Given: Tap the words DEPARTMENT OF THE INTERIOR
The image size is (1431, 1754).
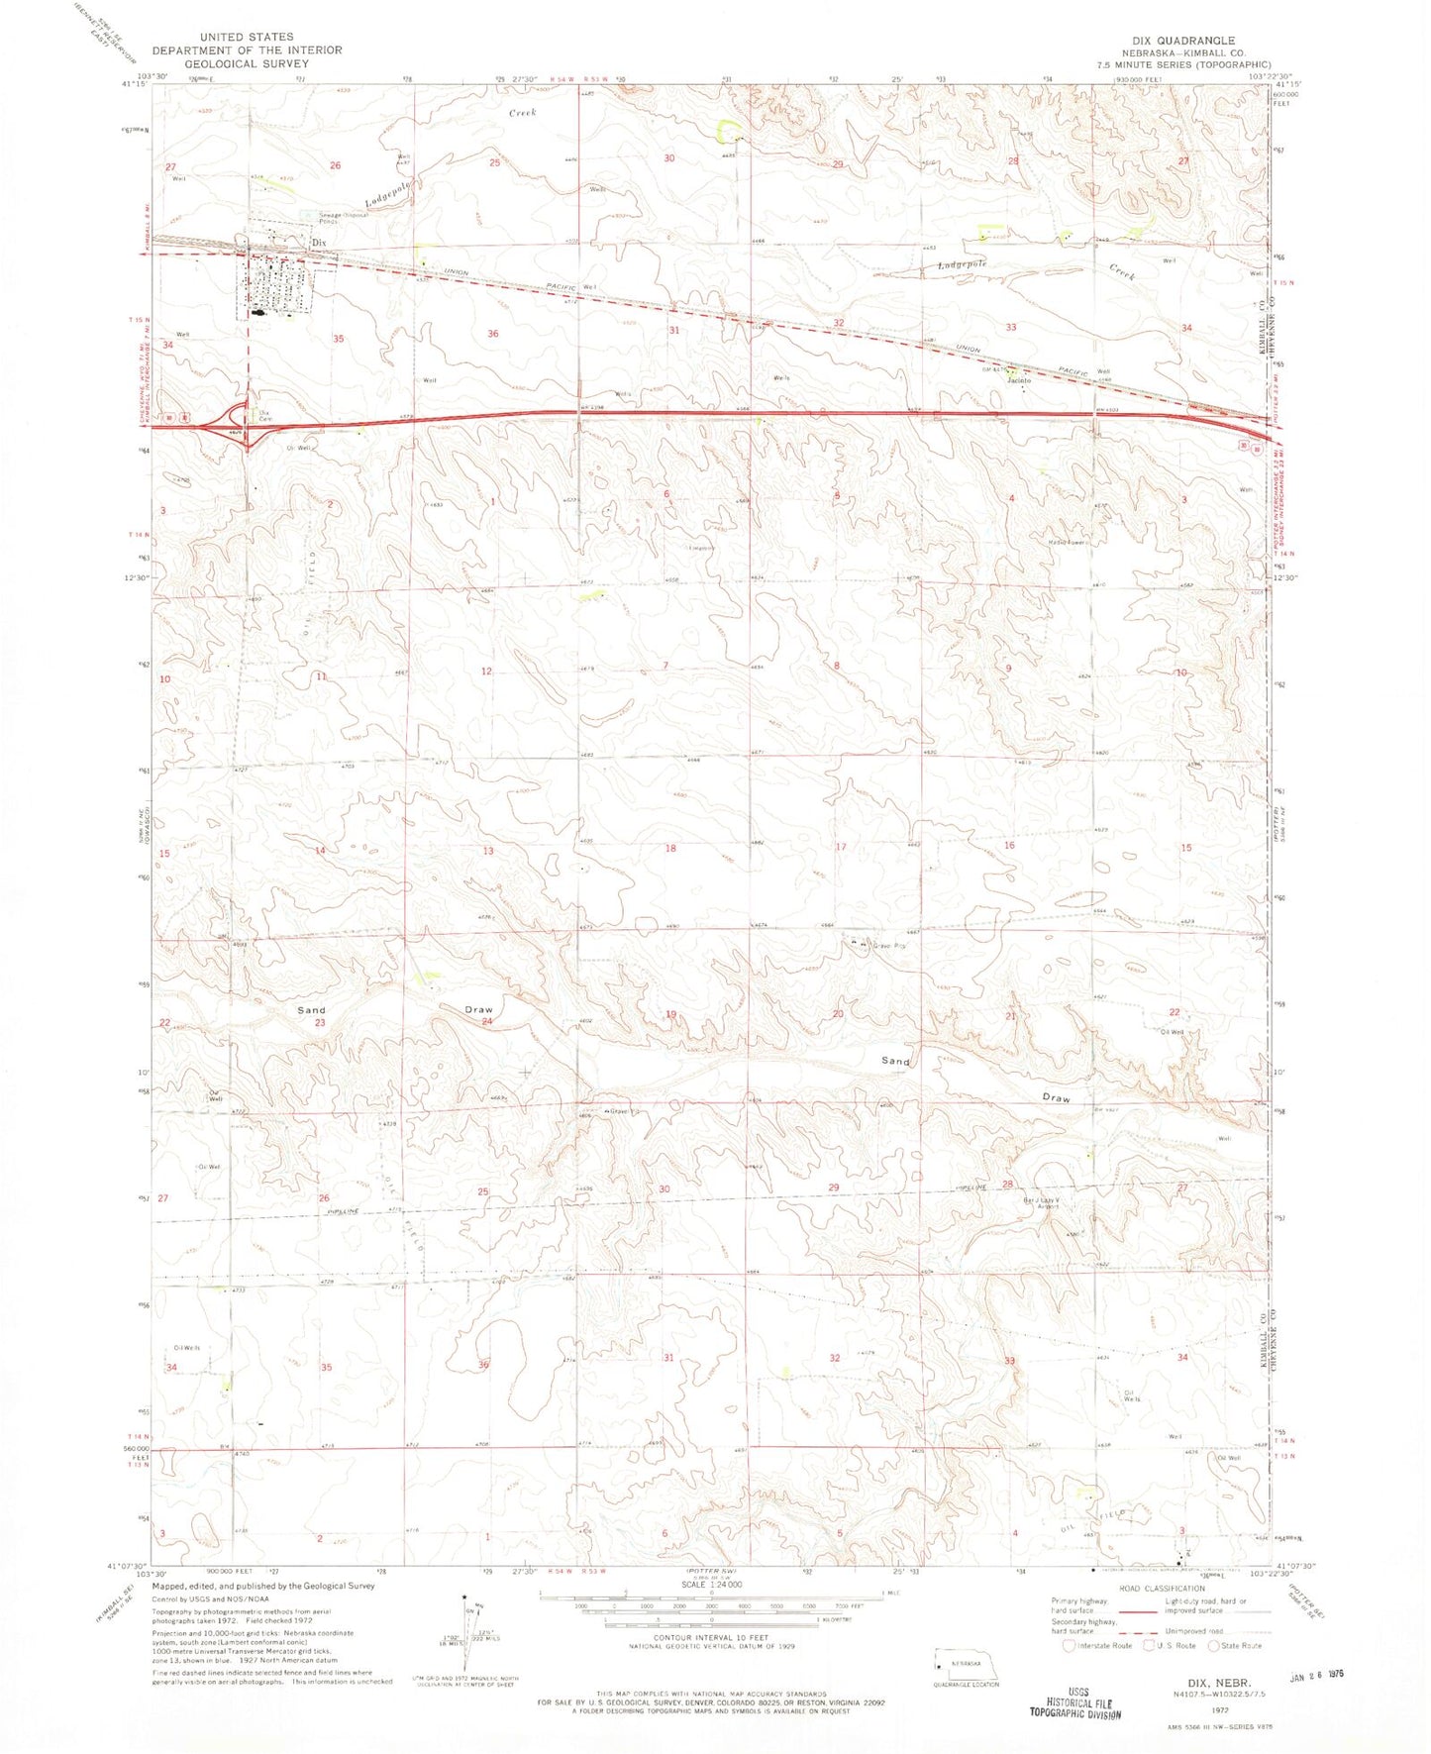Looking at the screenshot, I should (x=247, y=50).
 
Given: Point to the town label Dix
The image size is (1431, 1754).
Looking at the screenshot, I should (x=318, y=242).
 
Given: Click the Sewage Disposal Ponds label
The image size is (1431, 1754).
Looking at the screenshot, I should (x=343, y=218).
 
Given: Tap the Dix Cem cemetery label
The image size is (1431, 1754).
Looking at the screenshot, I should (x=265, y=416).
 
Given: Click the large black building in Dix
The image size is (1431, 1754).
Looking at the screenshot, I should (x=259, y=313).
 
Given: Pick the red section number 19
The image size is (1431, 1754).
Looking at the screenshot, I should (x=670, y=1014).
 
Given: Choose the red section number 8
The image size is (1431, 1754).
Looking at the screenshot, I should (x=837, y=666).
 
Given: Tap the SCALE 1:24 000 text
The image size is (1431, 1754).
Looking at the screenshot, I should (x=709, y=1612).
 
